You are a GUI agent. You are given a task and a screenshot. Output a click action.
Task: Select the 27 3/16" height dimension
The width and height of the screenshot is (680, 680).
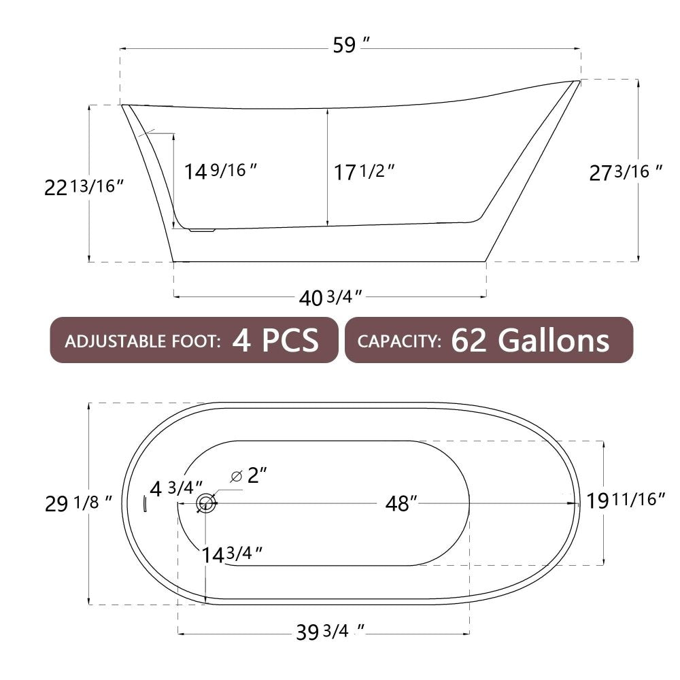click(x=626, y=173)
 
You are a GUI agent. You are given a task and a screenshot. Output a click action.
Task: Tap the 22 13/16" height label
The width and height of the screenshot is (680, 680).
click(x=84, y=186)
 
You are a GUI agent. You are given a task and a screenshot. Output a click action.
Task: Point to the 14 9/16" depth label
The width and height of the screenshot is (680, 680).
click(x=221, y=171)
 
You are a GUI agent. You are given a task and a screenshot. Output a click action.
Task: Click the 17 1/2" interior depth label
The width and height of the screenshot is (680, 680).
click(x=364, y=172)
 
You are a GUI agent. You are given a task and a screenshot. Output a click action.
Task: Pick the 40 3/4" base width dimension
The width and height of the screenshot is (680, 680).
click(x=330, y=297)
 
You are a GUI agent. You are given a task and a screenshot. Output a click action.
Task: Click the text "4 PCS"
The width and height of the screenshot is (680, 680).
click(x=275, y=340)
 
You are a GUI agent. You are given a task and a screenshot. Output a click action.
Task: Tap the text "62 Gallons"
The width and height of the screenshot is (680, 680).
click(x=530, y=340)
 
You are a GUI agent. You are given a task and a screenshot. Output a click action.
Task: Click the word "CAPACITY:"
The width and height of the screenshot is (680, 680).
click(x=399, y=341)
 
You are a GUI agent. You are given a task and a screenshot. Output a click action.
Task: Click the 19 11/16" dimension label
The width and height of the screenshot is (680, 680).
click(x=626, y=500)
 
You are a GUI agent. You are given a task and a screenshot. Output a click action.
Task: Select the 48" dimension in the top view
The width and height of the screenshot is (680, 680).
click(x=401, y=504)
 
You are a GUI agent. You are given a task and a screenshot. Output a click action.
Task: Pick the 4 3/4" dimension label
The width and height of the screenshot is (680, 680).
click(x=176, y=488)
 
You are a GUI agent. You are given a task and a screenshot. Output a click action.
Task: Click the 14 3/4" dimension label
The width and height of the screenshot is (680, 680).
click(x=232, y=554)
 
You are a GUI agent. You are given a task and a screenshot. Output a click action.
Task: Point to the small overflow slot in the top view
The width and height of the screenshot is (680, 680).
click(x=144, y=504)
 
